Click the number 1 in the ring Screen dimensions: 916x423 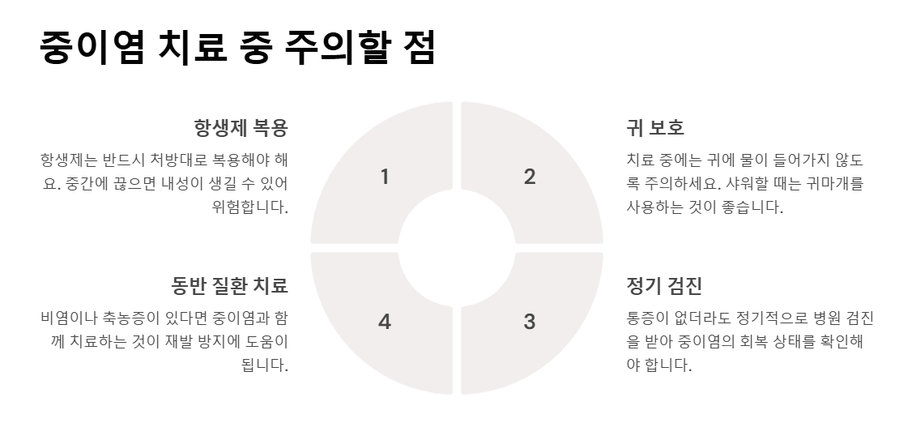384,177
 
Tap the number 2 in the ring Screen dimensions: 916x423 529,177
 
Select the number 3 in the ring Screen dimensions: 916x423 529,322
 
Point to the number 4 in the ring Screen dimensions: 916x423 384,322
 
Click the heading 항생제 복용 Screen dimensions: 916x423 241,128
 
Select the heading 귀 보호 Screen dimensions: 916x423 655,128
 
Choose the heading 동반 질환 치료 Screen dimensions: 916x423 229,286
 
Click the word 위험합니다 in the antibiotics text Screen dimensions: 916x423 249,207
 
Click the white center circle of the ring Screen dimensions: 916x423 457,248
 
